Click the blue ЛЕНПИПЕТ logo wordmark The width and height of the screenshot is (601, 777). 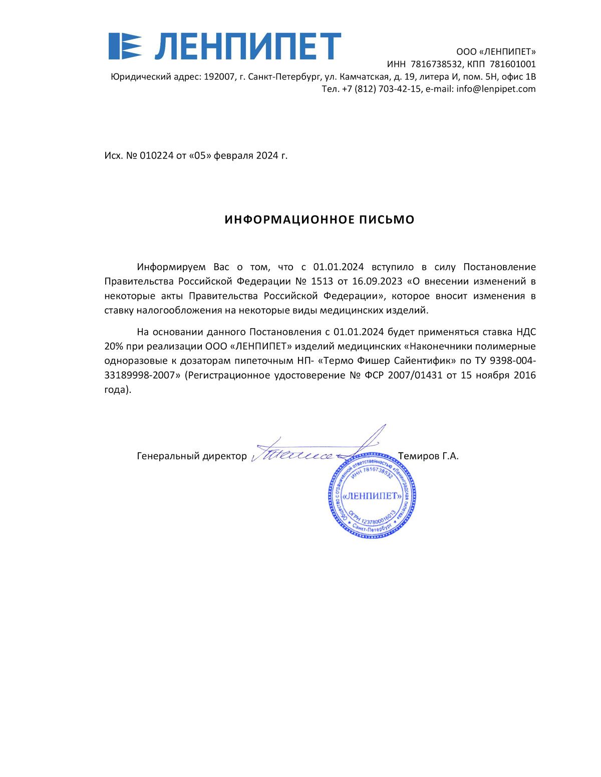pos(248,47)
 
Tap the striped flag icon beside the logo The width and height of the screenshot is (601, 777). pos(125,47)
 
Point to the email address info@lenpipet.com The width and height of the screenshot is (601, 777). pos(496,89)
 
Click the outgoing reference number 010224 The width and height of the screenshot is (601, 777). pos(157,156)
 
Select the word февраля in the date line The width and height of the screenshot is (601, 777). pos(233,156)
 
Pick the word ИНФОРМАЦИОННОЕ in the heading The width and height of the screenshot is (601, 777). pos(289,220)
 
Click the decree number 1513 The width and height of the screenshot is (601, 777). pos(322,282)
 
